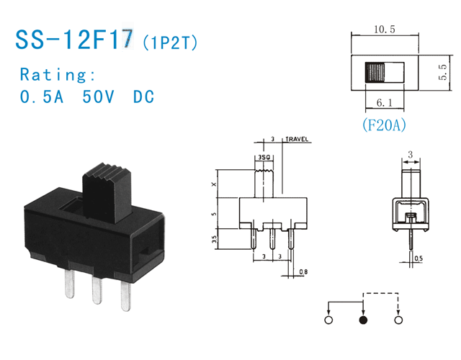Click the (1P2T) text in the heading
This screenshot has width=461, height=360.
click(170, 42)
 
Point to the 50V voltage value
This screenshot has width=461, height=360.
click(98, 97)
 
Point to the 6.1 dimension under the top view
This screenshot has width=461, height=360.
click(383, 102)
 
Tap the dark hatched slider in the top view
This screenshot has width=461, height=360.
click(375, 73)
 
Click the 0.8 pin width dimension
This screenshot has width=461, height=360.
click(303, 271)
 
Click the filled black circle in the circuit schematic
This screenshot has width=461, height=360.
click(363, 319)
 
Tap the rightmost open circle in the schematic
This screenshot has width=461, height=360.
click(398, 319)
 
